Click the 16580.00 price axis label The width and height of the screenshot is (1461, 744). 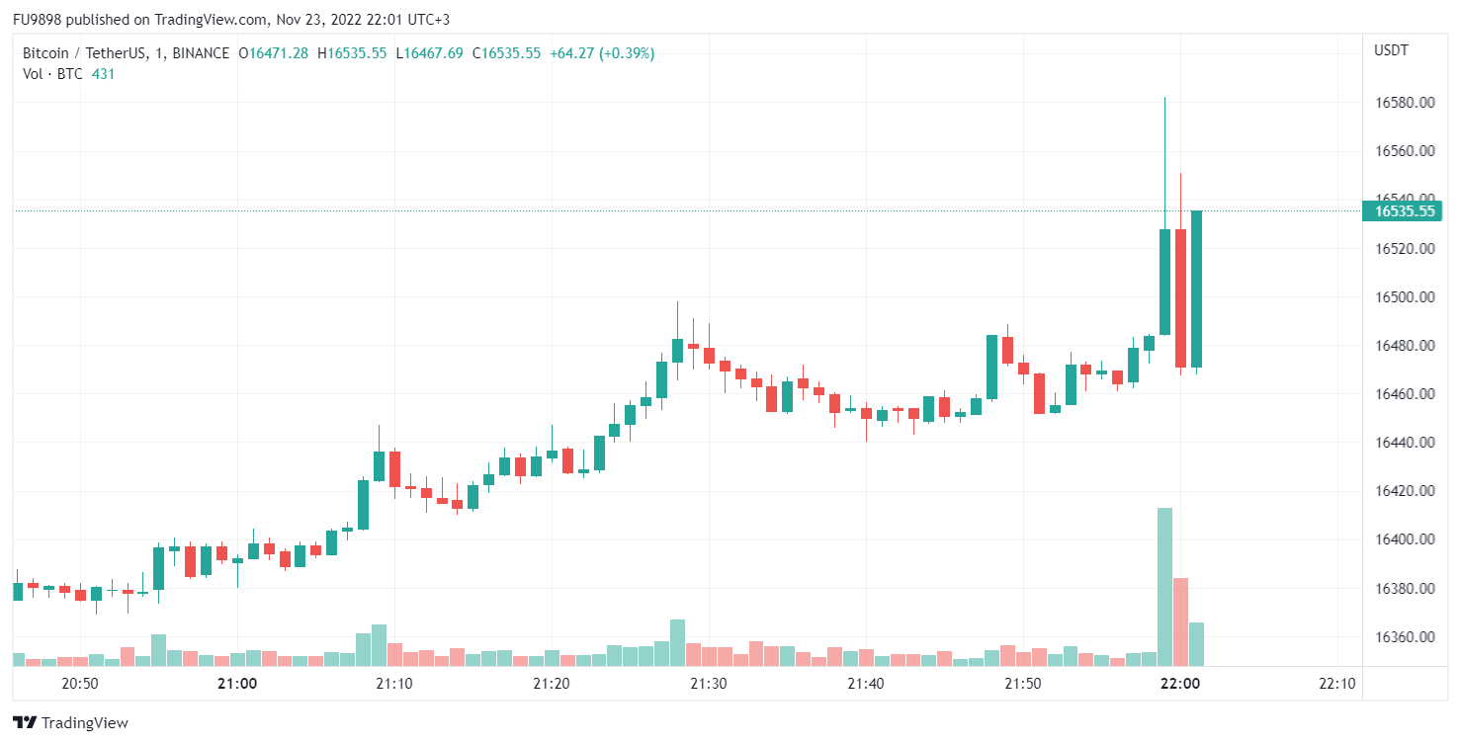[1405, 103]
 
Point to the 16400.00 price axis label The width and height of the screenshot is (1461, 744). [1405, 539]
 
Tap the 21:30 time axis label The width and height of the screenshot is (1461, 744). [708, 684]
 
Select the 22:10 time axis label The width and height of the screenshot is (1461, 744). [1337, 684]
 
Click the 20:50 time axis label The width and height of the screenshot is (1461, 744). [79, 684]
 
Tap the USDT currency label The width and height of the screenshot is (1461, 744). [1391, 50]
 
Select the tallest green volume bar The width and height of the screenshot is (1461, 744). [1164, 587]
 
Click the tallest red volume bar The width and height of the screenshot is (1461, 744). [1180, 621]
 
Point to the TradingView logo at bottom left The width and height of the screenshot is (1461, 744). [70, 723]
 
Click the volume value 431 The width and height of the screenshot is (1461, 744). [103, 73]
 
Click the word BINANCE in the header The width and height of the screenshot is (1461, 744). [201, 53]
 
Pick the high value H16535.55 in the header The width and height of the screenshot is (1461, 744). [352, 53]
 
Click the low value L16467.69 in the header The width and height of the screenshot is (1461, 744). [429, 53]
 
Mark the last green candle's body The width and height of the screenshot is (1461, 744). [1196, 289]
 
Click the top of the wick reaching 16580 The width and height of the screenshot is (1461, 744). [1164, 99]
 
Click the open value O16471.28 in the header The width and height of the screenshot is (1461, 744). [274, 53]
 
